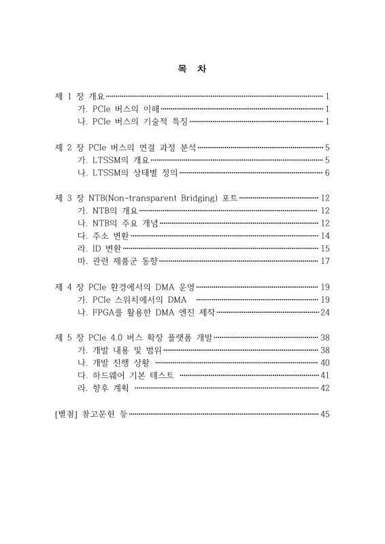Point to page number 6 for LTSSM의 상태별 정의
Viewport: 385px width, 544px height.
tap(327, 172)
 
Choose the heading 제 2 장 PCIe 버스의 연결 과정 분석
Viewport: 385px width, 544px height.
tap(124, 147)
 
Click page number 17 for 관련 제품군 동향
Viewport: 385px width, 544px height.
tap(324, 261)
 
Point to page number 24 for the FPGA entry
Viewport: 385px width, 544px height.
tap(324, 312)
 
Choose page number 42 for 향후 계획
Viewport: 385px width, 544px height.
tap(324, 388)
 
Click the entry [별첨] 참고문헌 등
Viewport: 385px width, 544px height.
tap(90, 413)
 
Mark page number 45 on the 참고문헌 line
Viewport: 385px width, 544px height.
tap(324, 413)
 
